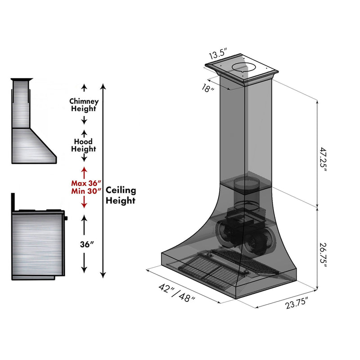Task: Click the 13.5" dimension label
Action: point(217,54)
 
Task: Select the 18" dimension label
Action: point(208,89)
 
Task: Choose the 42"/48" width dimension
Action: point(177,292)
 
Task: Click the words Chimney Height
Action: point(84,105)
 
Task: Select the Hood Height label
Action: point(84,145)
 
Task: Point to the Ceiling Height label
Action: point(121,195)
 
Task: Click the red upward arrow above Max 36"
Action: point(84,172)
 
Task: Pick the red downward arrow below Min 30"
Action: point(84,203)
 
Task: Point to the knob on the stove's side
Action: point(67,218)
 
